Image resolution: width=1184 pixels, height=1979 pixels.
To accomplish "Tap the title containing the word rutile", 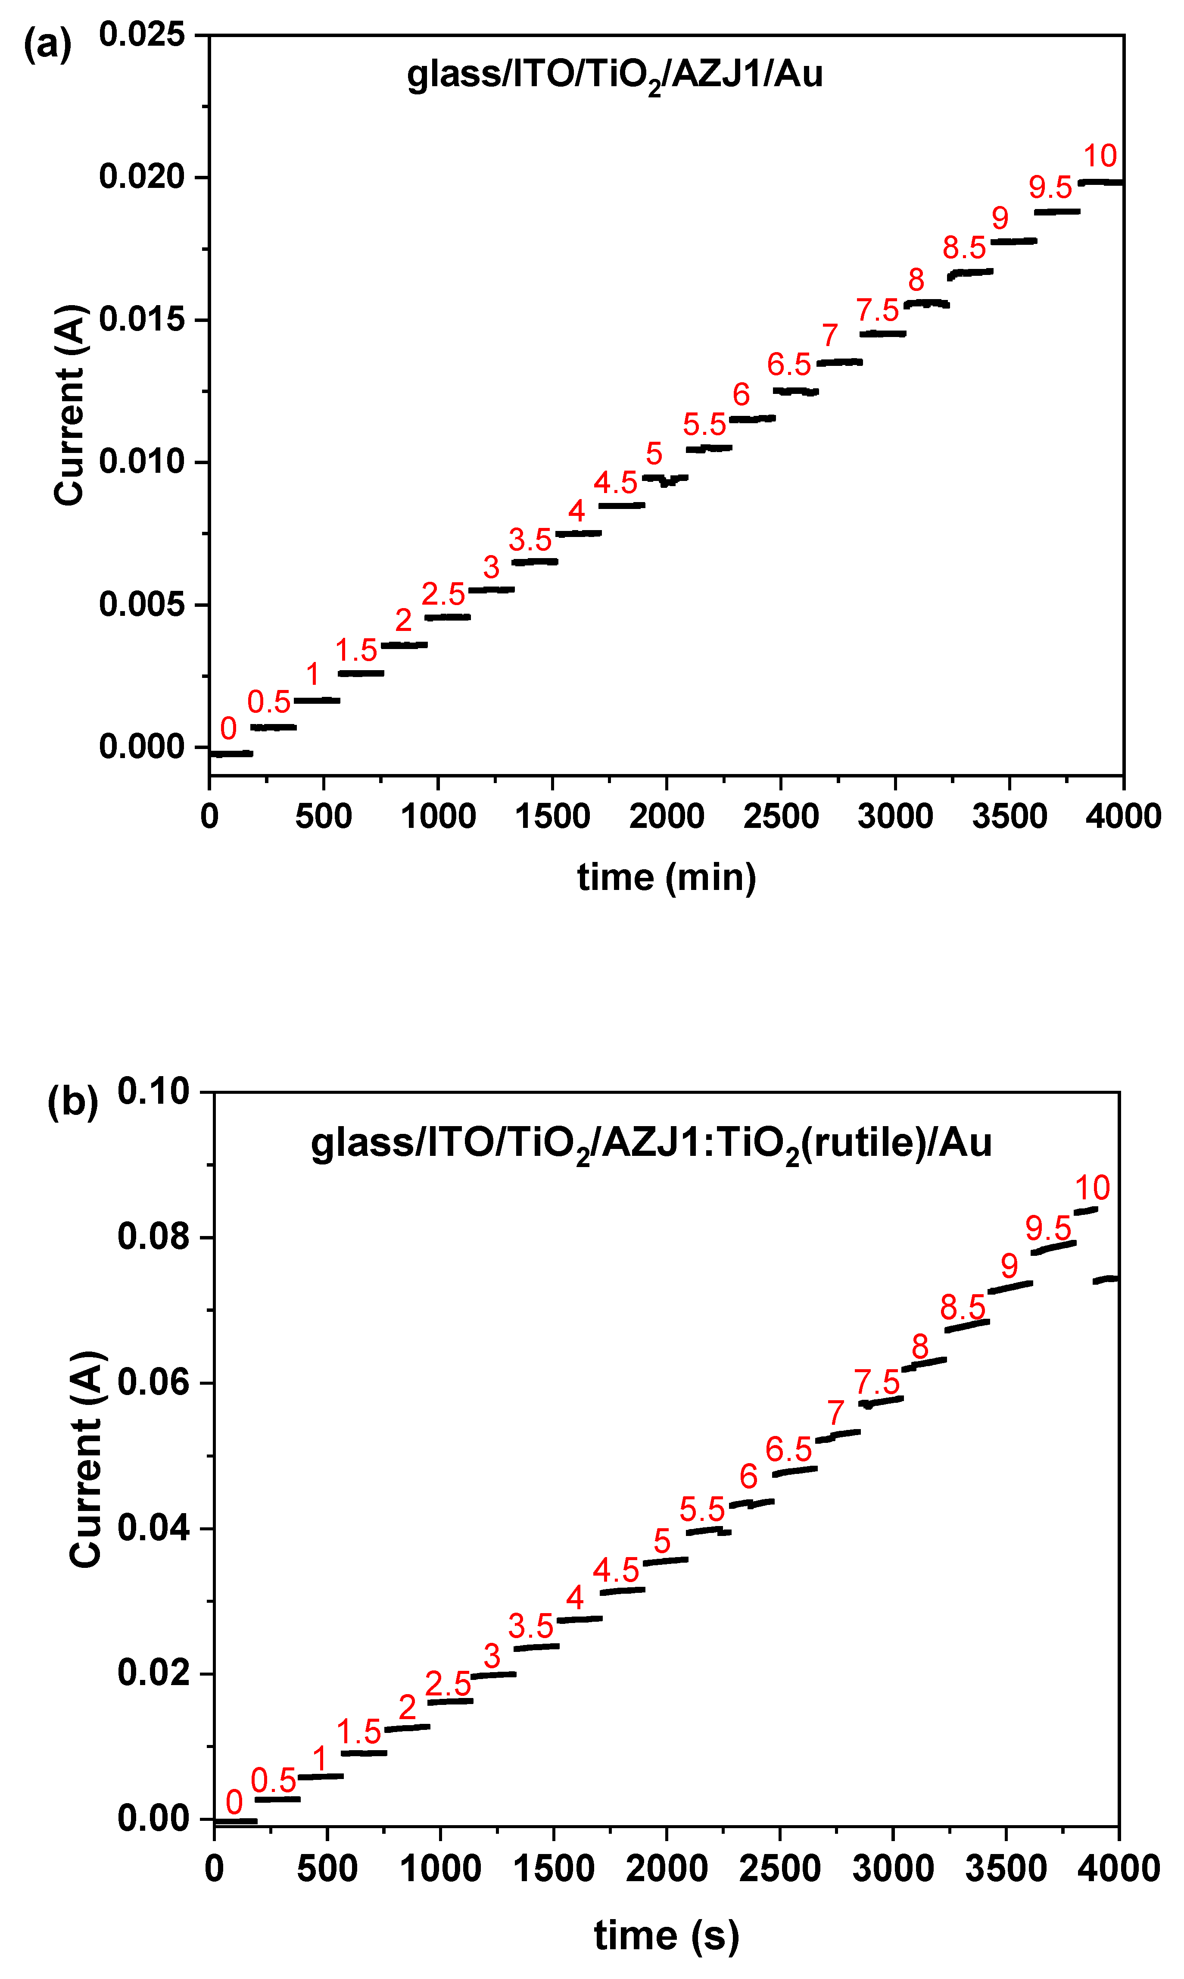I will pyautogui.click(x=651, y=1143).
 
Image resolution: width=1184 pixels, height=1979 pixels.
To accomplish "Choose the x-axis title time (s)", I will pyautogui.click(x=666, y=1935).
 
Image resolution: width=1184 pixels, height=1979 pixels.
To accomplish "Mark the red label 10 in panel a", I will pyautogui.click(x=1100, y=156).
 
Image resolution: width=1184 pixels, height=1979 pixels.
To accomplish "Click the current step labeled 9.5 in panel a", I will pyautogui.click(x=1056, y=212).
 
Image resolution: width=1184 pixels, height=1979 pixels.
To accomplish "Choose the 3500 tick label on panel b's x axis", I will pyautogui.click(x=1005, y=1869).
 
